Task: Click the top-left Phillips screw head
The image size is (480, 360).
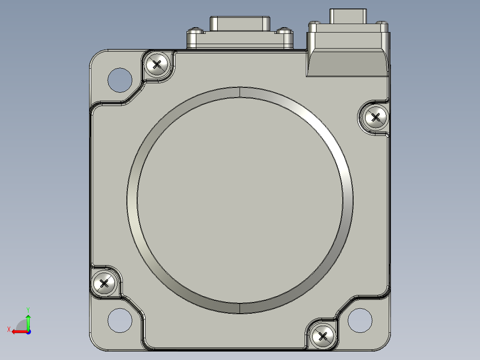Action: pyautogui.click(x=157, y=65)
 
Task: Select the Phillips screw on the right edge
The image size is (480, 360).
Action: pyautogui.click(x=375, y=117)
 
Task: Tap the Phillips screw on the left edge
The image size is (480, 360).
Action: pyautogui.click(x=104, y=283)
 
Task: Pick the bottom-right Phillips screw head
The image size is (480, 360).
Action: pyautogui.click(x=323, y=336)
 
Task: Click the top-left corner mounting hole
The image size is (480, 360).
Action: pyautogui.click(x=120, y=80)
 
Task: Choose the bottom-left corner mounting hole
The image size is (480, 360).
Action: pyautogui.click(x=120, y=320)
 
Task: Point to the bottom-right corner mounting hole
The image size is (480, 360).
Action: pyautogui.click(x=360, y=320)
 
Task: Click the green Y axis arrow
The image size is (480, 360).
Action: pyautogui.click(x=28, y=322)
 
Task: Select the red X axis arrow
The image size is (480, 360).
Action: pyautogui.click(x=20, y=332)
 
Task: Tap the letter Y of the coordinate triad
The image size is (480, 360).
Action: pyautogui.click(x=28, y=310)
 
